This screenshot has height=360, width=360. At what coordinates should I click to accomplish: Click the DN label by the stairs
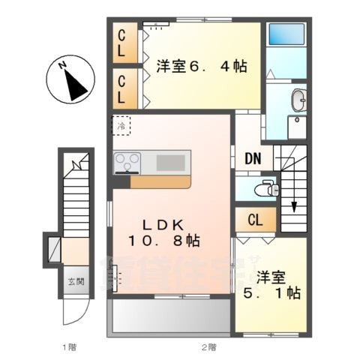pyautogui.click(x=253, y=159)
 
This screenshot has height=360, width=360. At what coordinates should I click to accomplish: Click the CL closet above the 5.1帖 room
pyautogui.click(x=255, y=220)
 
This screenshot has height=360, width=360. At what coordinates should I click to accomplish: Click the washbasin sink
pyautogui.click(x=298, y=99)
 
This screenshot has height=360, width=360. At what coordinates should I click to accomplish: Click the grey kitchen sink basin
pyautogui.click(x=172, y=161)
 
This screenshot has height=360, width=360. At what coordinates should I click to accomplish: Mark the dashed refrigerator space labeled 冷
pyautogui.click(x=121, y=125)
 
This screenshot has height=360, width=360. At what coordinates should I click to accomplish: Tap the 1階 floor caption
pyautogui.click(x=68, y=346)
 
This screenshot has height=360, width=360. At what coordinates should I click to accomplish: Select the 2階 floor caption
pyautogui.click(x=208, y=346)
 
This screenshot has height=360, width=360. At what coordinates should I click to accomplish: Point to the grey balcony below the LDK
pyautogui.click(x=170, y=318)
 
